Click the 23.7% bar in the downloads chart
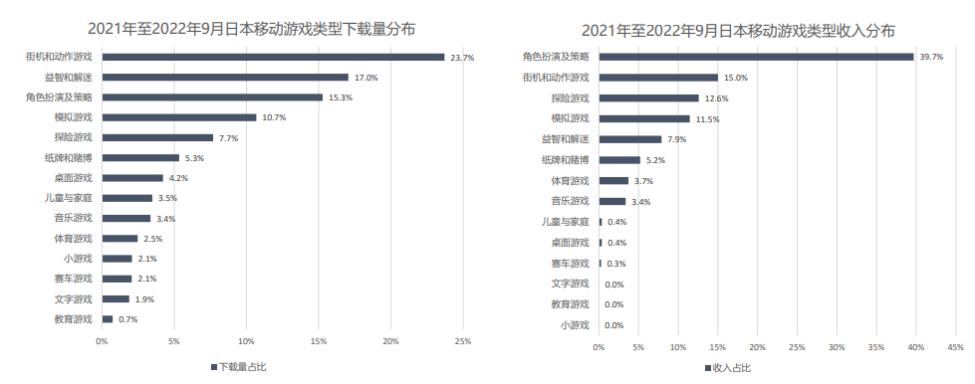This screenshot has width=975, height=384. point(273,57)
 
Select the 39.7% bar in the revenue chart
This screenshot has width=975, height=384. point(756,57)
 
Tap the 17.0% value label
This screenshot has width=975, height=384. point(366,78)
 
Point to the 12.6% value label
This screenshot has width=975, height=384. point(715,98)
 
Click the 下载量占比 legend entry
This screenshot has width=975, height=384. point(239,367)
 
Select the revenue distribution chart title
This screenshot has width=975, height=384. point(738,29)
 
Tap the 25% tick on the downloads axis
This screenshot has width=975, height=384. point(462,342)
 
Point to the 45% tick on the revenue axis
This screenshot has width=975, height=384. point(955,347)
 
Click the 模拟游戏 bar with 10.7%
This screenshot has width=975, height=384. point(179,117)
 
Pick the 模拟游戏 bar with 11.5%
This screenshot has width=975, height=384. point(644,118)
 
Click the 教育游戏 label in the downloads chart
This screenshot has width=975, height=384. point(73,319)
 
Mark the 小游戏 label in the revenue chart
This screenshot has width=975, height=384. point(575,325)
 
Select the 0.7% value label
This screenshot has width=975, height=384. point(127,319)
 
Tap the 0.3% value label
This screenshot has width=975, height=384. point(615,264)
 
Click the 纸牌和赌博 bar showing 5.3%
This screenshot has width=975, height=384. point(140,157)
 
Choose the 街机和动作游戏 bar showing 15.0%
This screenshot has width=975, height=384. point(658,78)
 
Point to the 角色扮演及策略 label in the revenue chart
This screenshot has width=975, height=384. point(556,57)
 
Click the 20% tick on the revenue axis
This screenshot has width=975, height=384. point(757,347)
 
